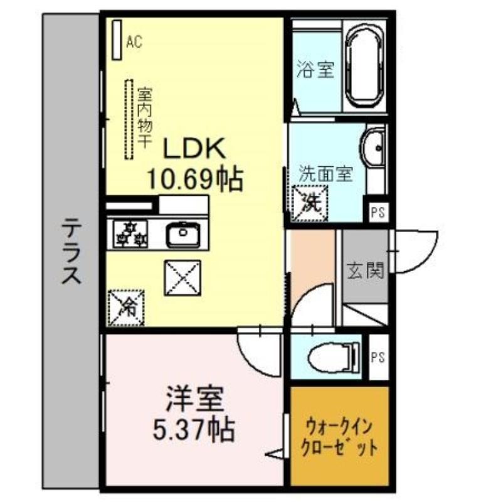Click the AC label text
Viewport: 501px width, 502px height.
(x=134, y=41)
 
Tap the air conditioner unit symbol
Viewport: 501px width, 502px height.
(x=117, y=40)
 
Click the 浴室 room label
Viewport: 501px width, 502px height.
(x=315, y=69)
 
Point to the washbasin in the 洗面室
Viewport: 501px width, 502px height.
(x=374, y=148)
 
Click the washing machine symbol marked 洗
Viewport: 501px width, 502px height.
(x=310, y=203)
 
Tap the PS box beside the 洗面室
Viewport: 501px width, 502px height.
(x=378, y=213)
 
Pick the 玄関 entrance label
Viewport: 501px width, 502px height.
(x=366, y=270)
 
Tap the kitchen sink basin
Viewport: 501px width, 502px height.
(x=183, y=234)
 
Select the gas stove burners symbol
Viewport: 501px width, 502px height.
(x=130, y=234)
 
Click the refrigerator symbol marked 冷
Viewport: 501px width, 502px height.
(x=126, y=307)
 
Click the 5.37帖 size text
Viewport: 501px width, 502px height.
(x=193, y=430)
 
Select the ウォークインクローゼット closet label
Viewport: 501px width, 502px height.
(x=339, y=438)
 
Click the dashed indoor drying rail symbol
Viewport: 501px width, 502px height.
(x=129, y=119)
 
